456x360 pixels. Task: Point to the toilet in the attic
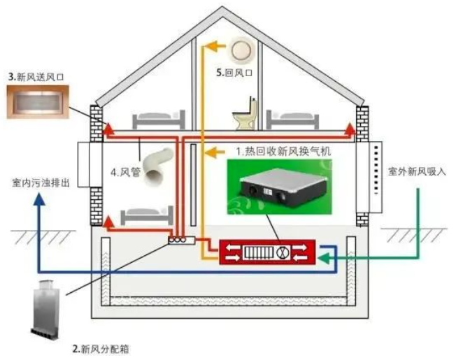(x=245, y=115)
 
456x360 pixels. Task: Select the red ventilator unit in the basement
(x=267, y=252)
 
